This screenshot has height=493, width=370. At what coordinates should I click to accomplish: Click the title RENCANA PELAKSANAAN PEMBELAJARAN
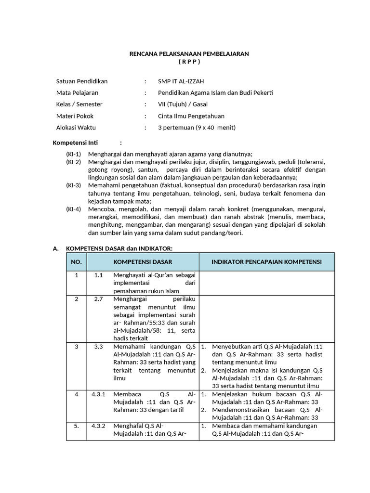click(x=189, y=54)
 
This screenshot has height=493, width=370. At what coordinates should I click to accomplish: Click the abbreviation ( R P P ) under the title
click(x=189, y=62)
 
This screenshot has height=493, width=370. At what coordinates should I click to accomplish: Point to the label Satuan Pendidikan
click(x=82, y=81)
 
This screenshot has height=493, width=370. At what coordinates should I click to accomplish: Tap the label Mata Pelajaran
click(x=77, y=92)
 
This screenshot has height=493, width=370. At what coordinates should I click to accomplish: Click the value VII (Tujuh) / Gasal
click(x=185, y=104)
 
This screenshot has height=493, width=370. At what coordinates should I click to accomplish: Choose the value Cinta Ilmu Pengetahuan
click(x=191, y=116)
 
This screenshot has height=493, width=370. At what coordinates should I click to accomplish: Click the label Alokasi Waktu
click(x=76, y=128)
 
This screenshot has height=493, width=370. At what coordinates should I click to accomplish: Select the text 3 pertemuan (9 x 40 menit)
click(x=197, y=128)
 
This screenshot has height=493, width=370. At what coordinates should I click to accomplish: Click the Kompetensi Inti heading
click(x=75, y=143)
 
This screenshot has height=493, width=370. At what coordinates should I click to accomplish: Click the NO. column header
click(x=76, y=261)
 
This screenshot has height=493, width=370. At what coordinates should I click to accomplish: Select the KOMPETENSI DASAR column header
click(x=143, y=261)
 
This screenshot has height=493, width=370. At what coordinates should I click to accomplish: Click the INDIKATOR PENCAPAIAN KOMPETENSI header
click(x=266, y=261)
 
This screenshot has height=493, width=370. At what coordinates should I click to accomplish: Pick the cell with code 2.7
click(x=99, y=299)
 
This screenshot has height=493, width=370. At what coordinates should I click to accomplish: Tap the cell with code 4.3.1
click(x=99, y=394)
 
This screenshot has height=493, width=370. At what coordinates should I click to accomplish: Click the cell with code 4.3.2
click(x=99, y=426)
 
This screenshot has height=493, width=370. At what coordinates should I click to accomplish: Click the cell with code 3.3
click(x=99, y=347)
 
